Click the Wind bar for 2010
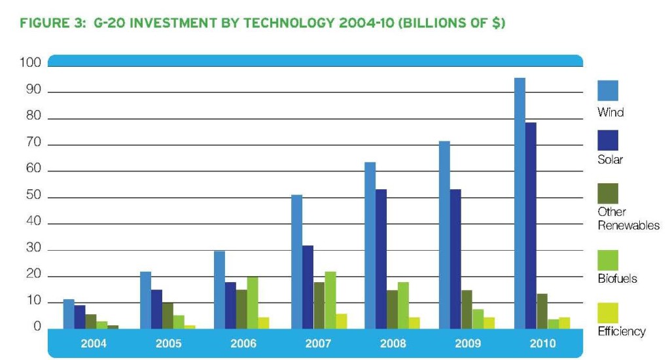(520, 203)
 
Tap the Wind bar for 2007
(297, 262)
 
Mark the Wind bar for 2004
(69, 314)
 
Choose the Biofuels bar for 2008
(403, 305)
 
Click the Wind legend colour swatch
(608, 90)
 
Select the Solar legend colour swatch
(608, 140)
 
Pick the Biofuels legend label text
(617, 279)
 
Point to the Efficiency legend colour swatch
(608, 312)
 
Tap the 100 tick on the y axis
(34, 63)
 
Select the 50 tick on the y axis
(34, 196)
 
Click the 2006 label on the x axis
(243, 344)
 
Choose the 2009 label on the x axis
(467, 344)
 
